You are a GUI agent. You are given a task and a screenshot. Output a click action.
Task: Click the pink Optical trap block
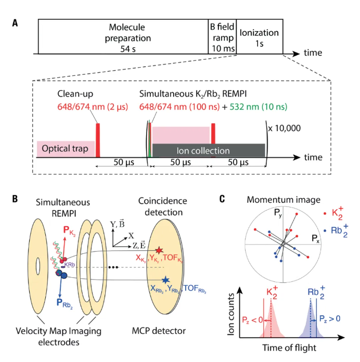(x=66, y=149)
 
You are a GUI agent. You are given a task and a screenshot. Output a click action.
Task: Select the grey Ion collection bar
(x=208, y=151)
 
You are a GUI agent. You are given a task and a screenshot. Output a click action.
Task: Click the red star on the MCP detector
(x=159, y=251)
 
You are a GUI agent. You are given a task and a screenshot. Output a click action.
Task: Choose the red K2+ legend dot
(x=326, y=214)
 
